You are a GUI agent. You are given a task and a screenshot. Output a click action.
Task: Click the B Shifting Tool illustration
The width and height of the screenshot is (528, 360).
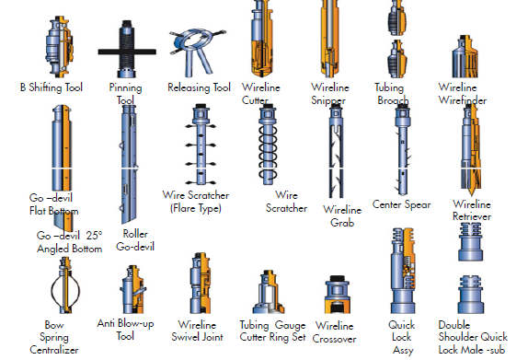pyautogui.click(x=59, y=47)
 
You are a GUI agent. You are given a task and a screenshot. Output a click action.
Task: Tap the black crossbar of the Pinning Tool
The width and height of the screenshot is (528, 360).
pyautogui.click(x=127, y=52)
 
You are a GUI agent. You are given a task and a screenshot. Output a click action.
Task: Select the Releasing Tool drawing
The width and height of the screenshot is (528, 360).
pyautogui.click(x=197, y=52)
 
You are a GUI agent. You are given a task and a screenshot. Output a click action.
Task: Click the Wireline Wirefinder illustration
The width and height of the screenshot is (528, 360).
pyautogui.click(x=465, y=56)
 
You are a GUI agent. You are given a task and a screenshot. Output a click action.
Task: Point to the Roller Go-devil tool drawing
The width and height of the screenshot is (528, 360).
pyautogui.click(x=129, y=164)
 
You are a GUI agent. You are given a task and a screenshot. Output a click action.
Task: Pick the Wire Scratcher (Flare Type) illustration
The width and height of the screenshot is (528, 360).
pyautogui.click(x=201, y=145)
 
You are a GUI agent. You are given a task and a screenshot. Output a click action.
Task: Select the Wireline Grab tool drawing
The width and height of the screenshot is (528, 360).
pyautogui.click(x=336, y=151)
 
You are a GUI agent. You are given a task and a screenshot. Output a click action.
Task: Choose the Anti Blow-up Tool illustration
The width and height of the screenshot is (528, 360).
pyautogui.click(x=133, y=289)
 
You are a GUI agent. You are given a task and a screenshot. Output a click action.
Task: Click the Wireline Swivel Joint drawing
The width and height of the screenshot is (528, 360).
pyautogui.click(x=201, y=284)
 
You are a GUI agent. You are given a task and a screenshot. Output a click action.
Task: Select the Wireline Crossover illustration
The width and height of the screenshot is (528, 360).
pyautogui.click(x=337, y=295)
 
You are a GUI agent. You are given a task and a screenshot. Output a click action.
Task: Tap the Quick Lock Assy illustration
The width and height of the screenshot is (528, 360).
pyautogui.click(x=403, y=271)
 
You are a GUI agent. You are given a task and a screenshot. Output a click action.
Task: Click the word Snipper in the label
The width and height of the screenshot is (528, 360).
pyautogui.click(x=328, y=100)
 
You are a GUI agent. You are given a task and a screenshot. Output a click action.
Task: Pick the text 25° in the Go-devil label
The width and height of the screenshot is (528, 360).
pyautogui.click(x=94, y=235)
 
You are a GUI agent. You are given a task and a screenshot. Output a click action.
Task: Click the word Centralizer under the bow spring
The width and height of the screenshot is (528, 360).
pyautogui.click(x=54, y=350)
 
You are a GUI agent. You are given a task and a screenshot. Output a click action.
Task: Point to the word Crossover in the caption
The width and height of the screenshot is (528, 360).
pyautogui.click(x=334, y=339)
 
